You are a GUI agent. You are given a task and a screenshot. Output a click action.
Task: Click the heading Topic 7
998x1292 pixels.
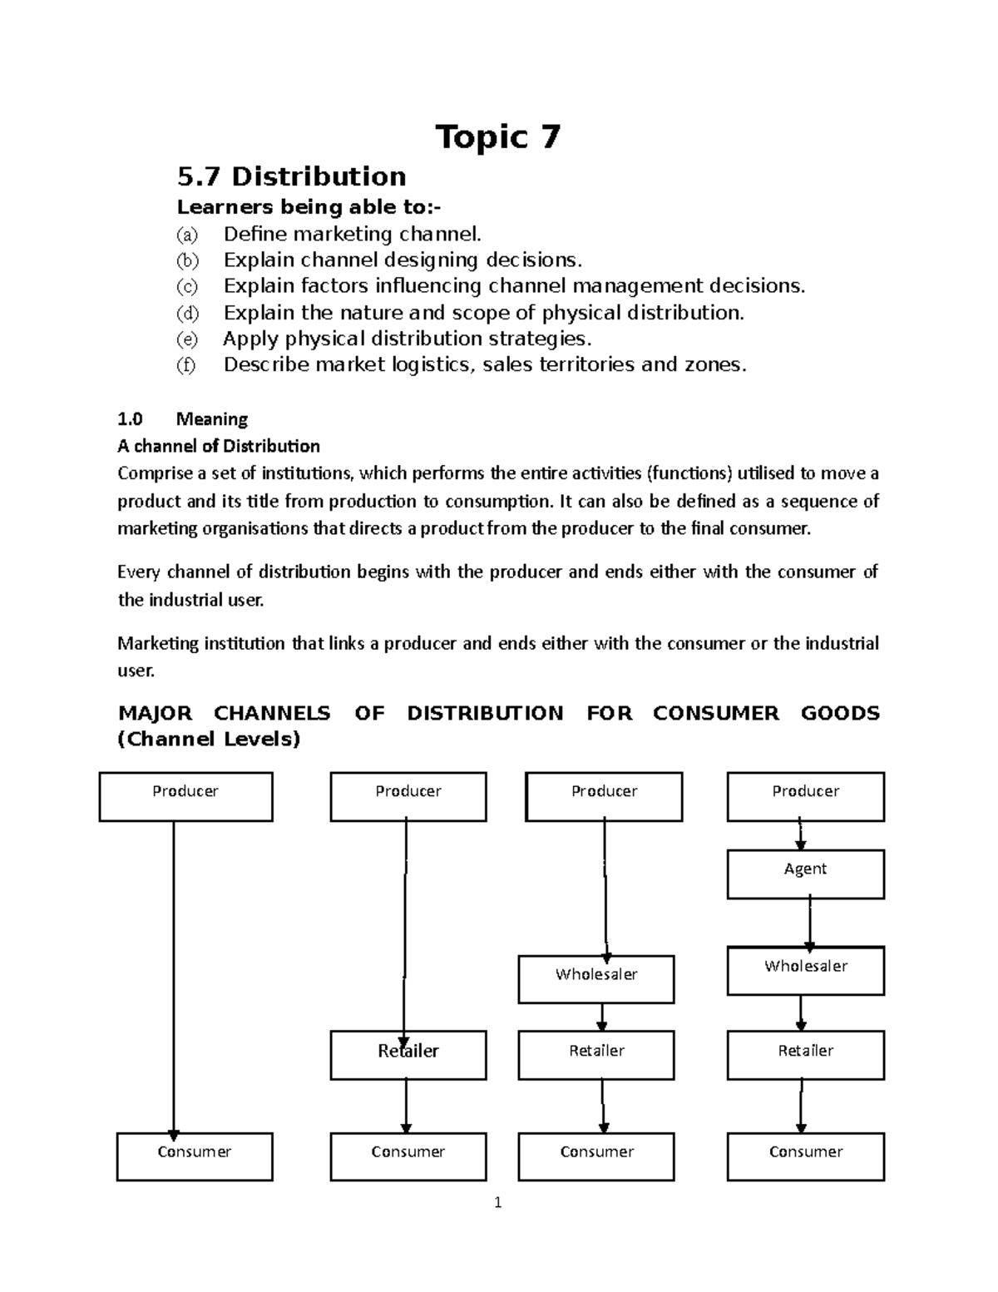pos(498,137)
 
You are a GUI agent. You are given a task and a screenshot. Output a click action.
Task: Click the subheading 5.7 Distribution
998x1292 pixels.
pos(292,176)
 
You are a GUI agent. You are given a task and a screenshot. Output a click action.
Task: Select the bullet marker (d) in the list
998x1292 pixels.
pos(187,314)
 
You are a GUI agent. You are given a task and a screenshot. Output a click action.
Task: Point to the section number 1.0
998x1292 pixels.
pos(131,419)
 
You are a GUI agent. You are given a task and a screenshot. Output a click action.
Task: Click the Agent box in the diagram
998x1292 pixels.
pos(805,874)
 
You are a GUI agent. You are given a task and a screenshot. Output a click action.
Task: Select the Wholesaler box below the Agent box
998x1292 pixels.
pos(805,971)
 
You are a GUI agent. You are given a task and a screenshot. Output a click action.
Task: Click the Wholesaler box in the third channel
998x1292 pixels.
pos(596,979)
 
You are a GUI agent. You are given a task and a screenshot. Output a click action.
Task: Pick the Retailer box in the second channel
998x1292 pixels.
pos(408,1056)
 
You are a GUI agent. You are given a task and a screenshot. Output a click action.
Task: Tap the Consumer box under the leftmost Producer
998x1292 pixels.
pos(195,1156)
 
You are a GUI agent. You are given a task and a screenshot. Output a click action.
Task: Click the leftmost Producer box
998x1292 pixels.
pos(185,797)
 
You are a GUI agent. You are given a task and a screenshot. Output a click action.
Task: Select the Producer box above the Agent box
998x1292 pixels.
pos(805,797)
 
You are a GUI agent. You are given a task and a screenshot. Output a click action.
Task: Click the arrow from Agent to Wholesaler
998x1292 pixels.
pos(809,923)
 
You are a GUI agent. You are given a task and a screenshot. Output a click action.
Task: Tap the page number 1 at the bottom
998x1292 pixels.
pos(497,1202)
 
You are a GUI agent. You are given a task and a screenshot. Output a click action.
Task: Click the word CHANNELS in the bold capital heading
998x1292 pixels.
pos(272,714)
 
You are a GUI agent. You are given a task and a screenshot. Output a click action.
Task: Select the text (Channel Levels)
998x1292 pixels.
pos(209,739)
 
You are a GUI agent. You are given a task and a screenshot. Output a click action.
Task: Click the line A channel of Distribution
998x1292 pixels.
pos(219,446)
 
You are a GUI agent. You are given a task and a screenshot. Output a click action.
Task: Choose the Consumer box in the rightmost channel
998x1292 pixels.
pos(805,1156)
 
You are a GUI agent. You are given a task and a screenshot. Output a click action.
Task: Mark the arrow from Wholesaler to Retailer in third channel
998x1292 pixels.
pos(601,1017)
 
